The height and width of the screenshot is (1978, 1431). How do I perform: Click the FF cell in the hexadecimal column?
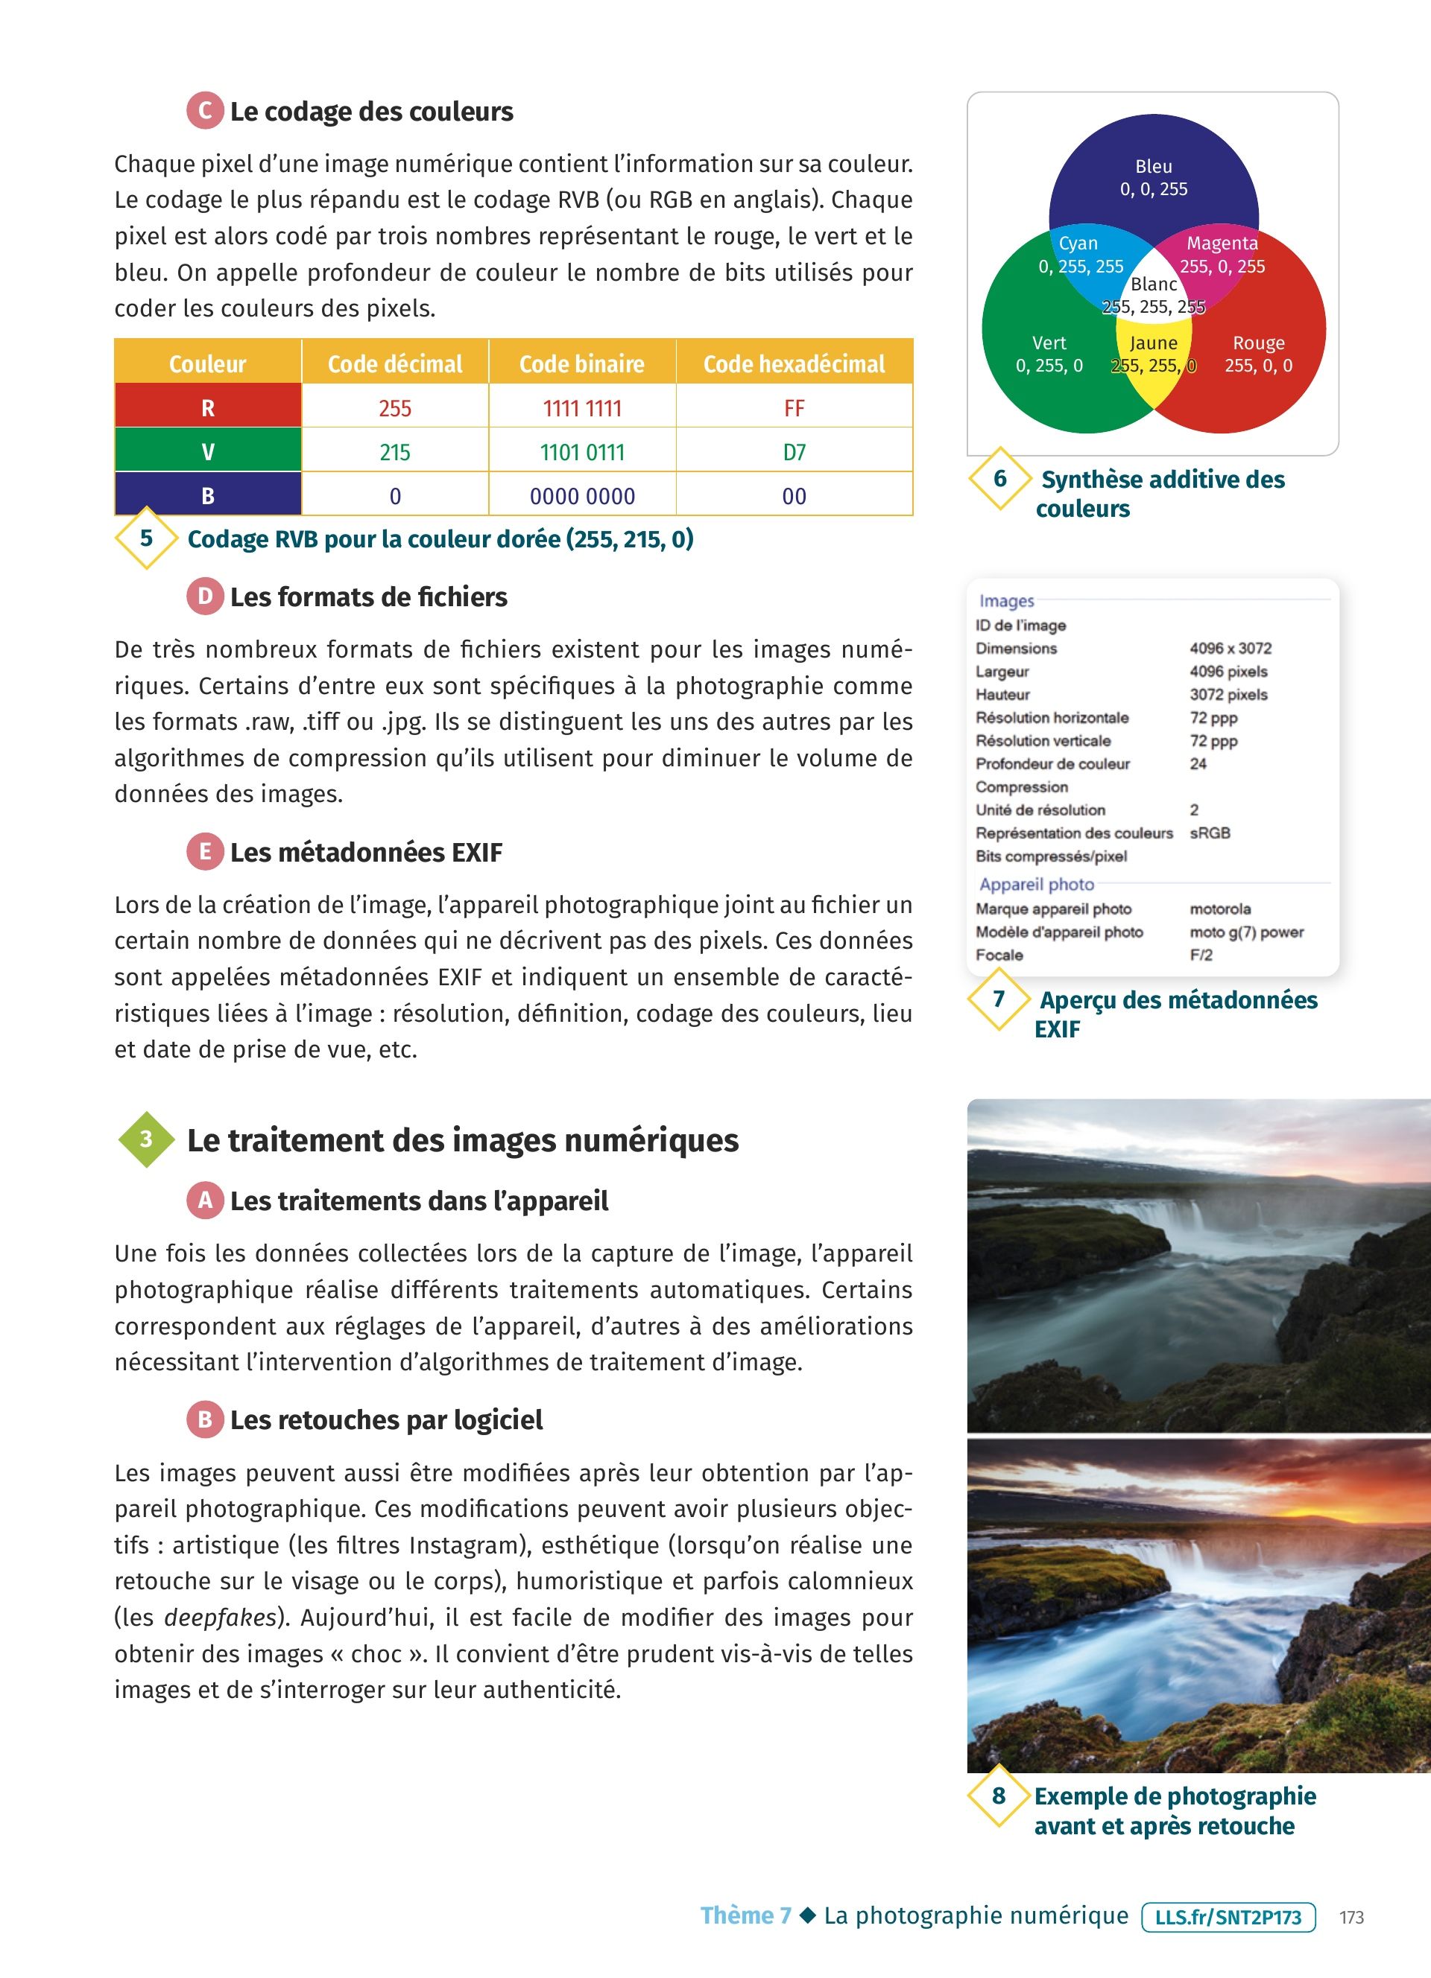(x=794, y=408)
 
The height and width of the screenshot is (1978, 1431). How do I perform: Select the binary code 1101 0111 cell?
(x=582, y=452)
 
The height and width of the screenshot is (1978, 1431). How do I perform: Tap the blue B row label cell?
(x=208, y=495)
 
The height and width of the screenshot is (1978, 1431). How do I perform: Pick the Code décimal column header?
(x=394, y=363)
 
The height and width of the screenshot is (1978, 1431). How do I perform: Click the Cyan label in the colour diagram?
(x=1078, y=244)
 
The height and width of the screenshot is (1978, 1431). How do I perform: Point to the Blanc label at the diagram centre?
(x=1154, y=284)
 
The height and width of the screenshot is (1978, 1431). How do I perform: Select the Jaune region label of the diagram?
(x=1154, y=343)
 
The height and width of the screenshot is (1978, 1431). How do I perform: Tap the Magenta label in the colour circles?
(x=1222, y=244)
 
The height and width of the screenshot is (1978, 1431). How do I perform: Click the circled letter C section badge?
(x=205, y=111)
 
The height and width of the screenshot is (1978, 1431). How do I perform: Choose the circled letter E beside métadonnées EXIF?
(x=205, y=851)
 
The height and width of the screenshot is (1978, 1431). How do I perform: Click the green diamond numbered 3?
(x=147, y=1139)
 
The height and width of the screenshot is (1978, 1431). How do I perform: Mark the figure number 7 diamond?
(x=999, y=999)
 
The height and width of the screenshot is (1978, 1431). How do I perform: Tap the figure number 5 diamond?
(x=147, y=538)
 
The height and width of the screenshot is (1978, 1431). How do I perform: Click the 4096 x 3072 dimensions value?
(x=1231, y=648)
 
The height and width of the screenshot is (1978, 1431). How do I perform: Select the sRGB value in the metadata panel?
(x=1210, y=833)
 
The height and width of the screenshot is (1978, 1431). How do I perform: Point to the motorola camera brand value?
(x=1220, y=909)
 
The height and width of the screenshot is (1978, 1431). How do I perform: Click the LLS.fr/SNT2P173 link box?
(x=1228, y=1917)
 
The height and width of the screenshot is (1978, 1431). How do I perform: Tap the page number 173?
(x=1351, y=1918)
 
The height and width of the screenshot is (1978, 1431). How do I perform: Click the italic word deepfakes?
(x=220, y=1618)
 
